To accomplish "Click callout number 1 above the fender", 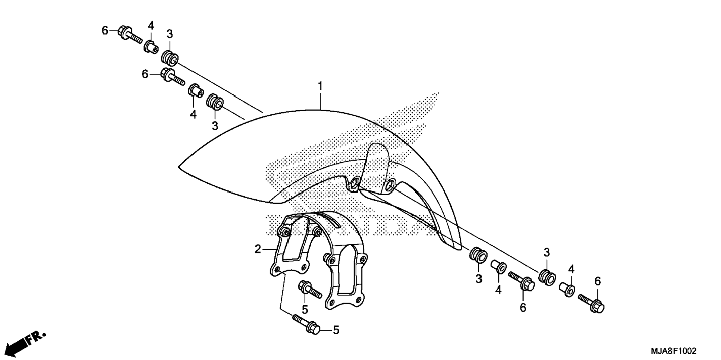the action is [320, 86].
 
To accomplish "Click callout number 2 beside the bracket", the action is [258, 249].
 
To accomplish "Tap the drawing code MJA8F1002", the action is [673, 351].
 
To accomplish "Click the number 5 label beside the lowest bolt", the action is [336, 330].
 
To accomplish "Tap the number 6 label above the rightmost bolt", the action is [598, 281].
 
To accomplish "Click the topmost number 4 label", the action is [151, 26].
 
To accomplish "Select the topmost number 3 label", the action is [170, 34].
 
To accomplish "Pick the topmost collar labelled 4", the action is [151, 48].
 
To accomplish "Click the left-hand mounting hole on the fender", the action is [355, 183].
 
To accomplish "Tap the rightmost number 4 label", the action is [571, 269].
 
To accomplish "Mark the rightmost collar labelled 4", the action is [567, 289].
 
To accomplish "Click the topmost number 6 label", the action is [105, 31].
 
